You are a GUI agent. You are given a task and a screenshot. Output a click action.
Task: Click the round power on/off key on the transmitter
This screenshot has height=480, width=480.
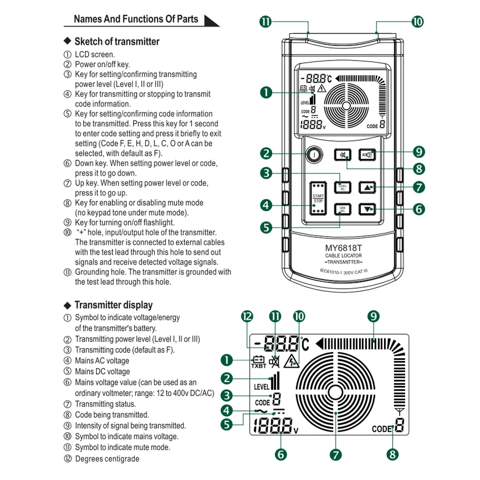pos(313,155)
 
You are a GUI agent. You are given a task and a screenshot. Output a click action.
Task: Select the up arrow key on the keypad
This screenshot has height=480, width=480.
pos(368,188)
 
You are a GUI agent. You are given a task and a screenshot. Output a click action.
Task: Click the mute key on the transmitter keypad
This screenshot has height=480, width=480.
pos(342,155)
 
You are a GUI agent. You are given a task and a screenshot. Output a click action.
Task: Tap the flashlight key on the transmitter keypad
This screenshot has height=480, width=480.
pos(368,155)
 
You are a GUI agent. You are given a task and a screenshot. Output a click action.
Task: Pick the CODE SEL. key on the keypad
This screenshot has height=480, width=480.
pos(343,209)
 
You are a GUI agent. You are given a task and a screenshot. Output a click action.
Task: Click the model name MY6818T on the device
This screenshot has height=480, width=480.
pos(343,248)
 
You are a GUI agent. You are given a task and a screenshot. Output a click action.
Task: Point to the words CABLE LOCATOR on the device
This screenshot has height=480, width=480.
pos(343,256)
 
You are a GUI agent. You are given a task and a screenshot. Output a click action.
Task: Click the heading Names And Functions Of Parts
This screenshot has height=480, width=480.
pos(136,19)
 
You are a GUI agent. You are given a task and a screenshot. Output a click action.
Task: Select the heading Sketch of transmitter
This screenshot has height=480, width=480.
pos(117,42)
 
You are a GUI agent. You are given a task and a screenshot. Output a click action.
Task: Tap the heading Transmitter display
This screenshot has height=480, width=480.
pos(113,305)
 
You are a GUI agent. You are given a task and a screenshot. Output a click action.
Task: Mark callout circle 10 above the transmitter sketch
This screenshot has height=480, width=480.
pos(418,22)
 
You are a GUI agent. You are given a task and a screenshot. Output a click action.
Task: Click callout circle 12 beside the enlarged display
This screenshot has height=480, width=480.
pos(247,316)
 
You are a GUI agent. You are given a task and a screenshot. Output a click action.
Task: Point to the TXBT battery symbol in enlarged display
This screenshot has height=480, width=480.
pos(259,361)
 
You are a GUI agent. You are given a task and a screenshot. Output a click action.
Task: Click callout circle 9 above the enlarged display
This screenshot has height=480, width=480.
pos(373,316)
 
